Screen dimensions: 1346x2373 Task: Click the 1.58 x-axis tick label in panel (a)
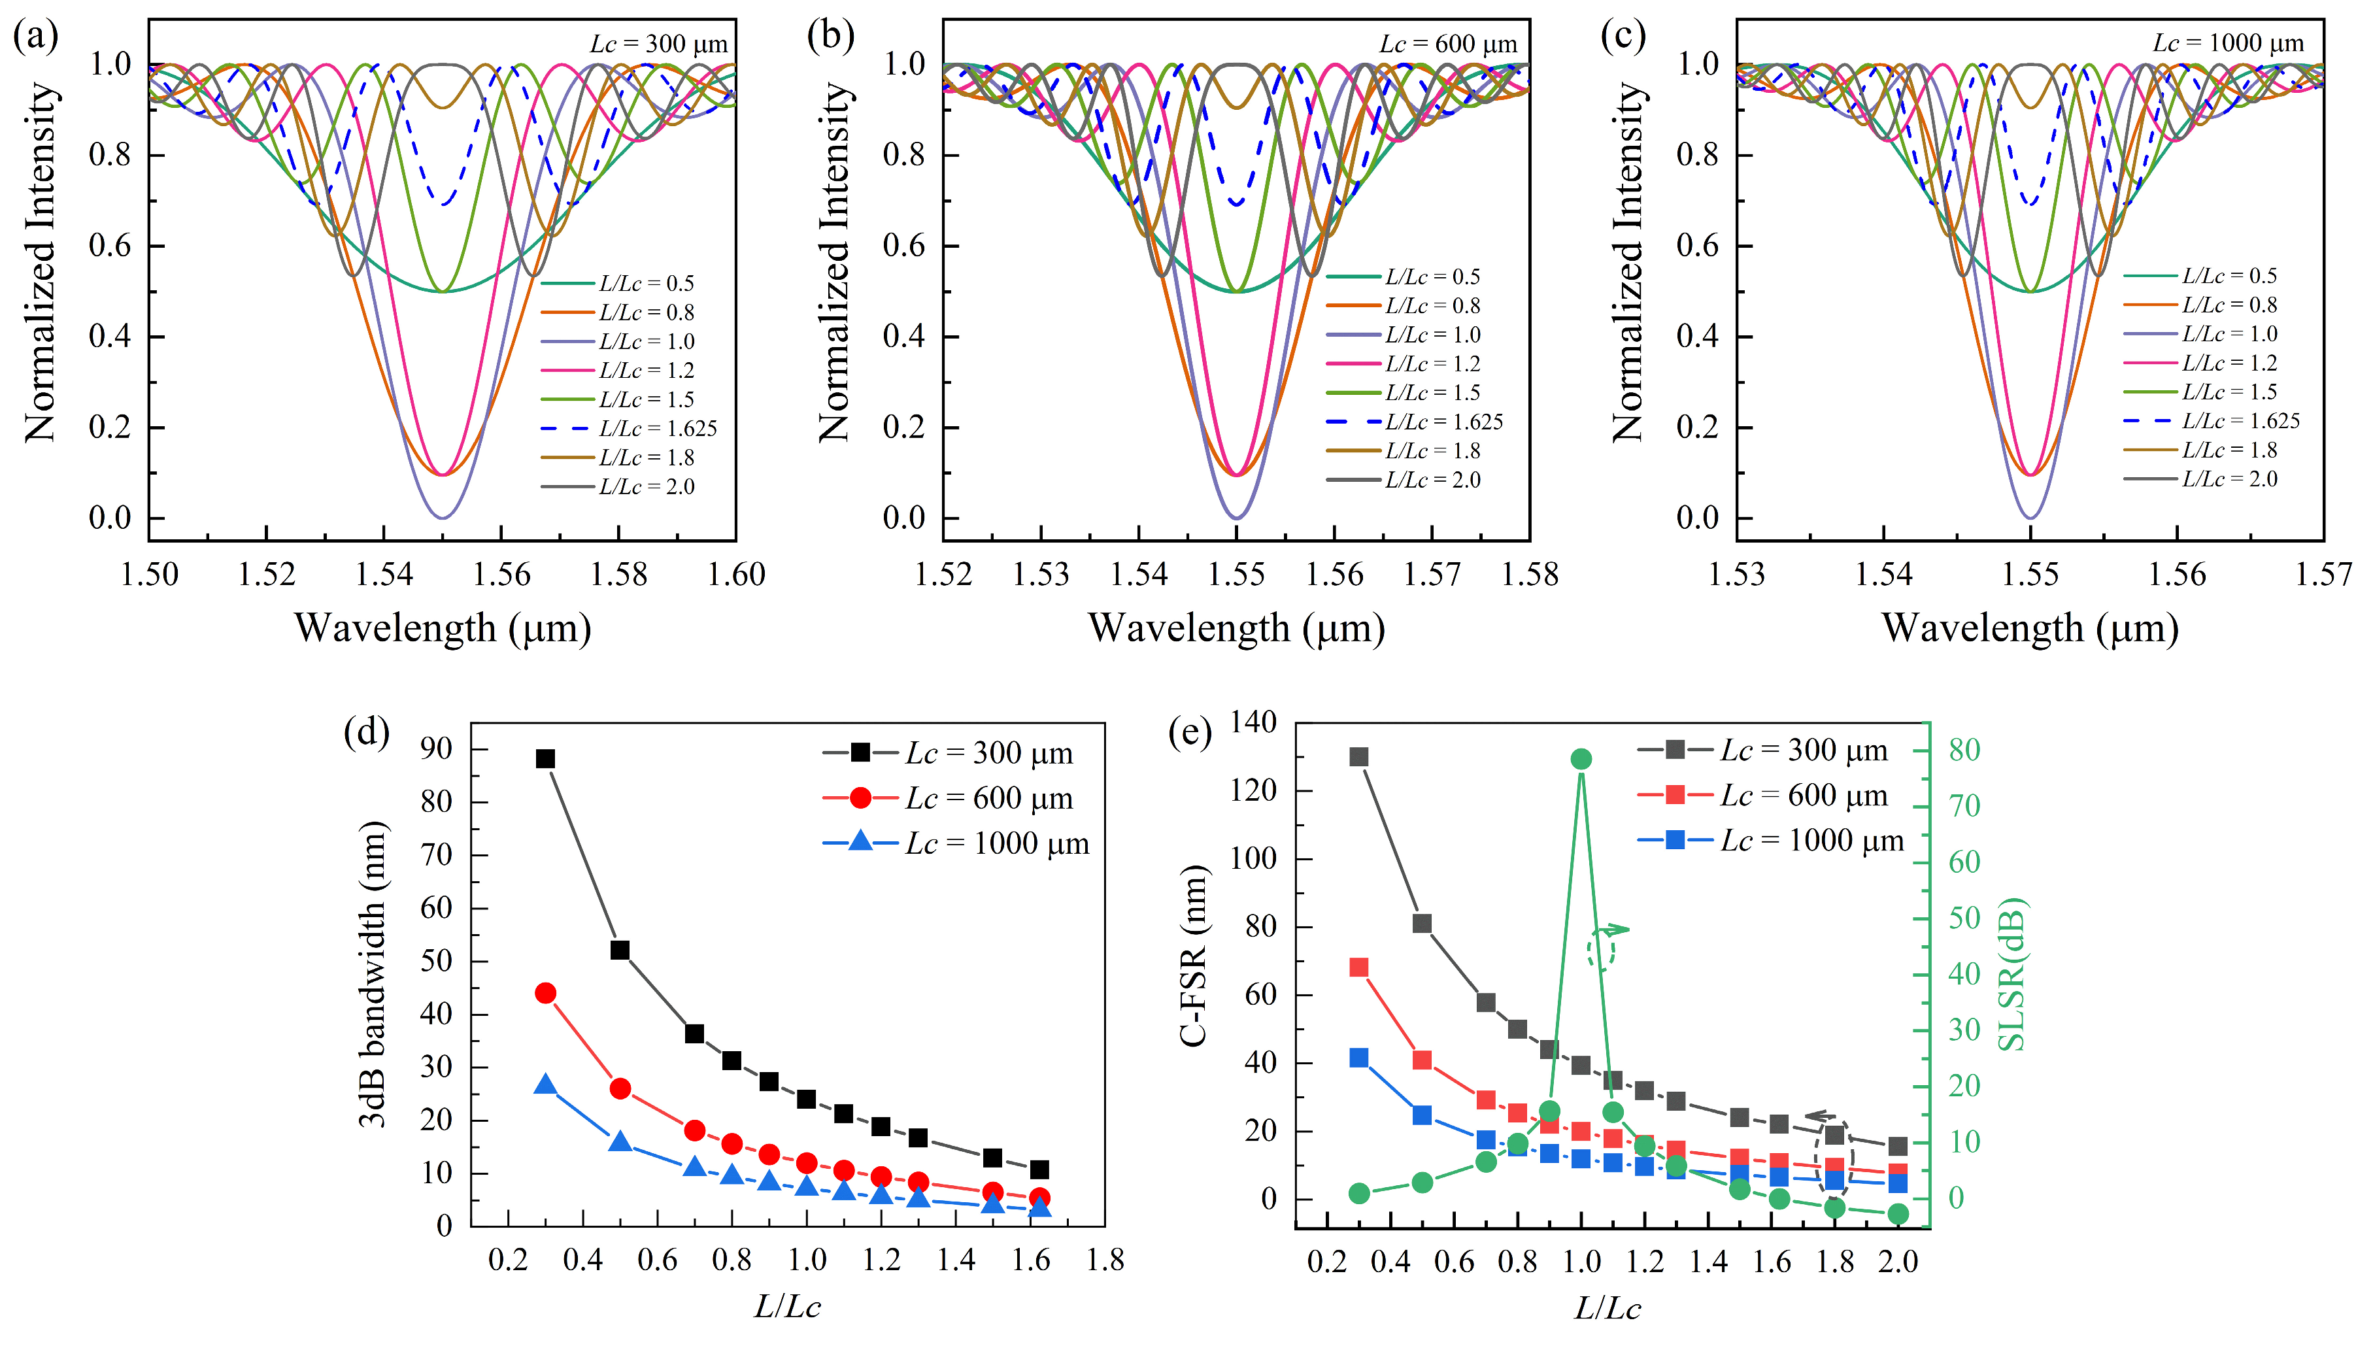(618, 575)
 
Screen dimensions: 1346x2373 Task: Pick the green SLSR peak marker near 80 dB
(1581, 759)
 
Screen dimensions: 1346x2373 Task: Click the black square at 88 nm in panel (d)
(545, 759)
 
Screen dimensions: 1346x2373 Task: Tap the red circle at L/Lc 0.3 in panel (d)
(545, 993)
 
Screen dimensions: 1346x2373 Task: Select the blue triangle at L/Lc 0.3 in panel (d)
(545, 1085)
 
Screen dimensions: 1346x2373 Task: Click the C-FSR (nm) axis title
(1194, 956)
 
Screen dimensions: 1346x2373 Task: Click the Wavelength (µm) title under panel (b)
(1236, 629)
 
